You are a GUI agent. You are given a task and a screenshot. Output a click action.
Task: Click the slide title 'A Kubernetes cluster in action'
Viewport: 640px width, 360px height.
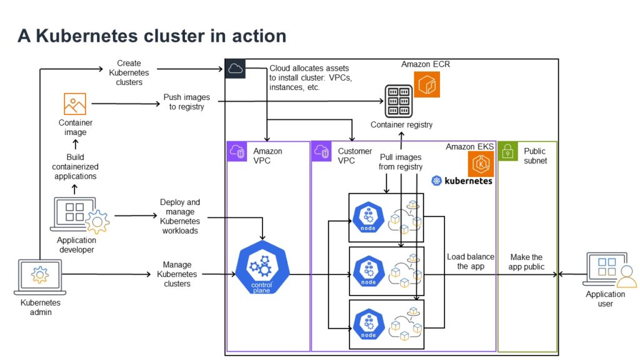[152, 36]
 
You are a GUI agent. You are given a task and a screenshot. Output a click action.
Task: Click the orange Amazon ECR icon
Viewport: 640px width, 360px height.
[427, 84]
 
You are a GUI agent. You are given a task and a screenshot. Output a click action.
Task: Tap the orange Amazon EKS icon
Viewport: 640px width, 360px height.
[481, 164]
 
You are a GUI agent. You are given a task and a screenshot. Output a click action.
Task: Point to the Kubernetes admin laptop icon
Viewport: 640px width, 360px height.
[40, 277]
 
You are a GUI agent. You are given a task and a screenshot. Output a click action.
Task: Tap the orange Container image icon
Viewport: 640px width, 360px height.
[74, 104]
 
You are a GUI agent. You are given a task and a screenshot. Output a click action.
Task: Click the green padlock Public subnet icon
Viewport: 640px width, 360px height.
[507, 151]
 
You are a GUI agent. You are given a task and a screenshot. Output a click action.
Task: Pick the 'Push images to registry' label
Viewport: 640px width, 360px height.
[186, 102]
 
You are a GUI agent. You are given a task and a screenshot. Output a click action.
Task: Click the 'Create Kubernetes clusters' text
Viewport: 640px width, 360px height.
[129, 72]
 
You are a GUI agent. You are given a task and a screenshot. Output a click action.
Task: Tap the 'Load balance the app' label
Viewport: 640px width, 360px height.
[471, 261]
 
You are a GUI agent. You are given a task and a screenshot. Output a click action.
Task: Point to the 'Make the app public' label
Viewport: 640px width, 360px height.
[526, 261]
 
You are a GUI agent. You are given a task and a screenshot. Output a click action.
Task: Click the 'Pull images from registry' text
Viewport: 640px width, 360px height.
[401, 162]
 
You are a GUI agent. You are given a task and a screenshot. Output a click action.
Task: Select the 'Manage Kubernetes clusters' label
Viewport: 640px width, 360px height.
[177, 274]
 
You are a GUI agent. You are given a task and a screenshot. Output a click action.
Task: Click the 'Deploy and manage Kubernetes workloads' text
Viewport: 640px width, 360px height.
[180, 216]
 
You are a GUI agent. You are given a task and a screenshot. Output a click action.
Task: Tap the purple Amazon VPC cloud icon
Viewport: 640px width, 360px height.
[237, 151]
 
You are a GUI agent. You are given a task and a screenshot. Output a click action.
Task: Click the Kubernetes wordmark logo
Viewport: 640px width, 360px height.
[462, 181]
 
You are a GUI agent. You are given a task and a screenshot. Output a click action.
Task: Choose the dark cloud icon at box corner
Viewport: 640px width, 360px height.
[235, 69]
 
